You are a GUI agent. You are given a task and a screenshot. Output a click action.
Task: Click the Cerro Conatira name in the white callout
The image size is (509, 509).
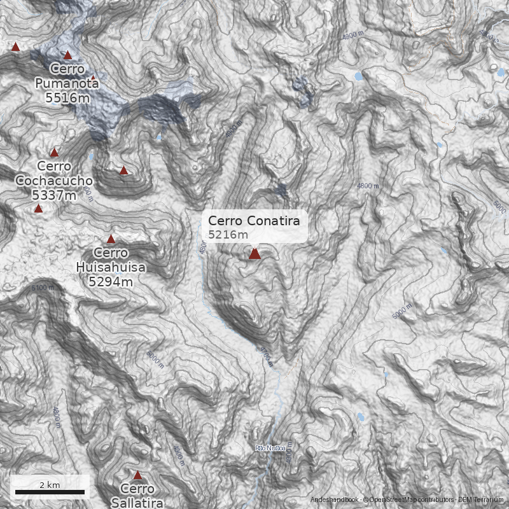click(254, 221)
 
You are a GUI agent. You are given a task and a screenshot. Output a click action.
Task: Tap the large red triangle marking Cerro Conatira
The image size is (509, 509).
click(254, 254)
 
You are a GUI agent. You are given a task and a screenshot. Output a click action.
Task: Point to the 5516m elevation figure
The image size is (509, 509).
click(67, 98)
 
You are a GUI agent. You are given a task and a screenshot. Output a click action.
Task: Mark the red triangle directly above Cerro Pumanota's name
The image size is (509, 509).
click(67, 55)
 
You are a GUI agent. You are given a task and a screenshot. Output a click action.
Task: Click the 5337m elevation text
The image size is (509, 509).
click(54, 195)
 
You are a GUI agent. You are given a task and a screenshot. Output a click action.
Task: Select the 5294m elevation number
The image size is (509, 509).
click(111, 281)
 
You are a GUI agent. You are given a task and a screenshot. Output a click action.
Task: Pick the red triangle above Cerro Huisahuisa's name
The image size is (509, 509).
click(111, 239)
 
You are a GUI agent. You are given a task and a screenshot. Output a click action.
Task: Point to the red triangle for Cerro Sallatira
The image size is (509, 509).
click(137, 475)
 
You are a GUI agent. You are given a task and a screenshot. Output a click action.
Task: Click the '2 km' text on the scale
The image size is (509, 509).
click(50, 485)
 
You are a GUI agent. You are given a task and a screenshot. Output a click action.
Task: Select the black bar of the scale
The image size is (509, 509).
click(50, 492)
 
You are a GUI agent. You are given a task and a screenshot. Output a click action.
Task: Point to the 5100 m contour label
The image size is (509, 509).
click(43, 288)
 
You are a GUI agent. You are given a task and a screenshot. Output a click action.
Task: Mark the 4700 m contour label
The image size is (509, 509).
click(266, 357)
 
